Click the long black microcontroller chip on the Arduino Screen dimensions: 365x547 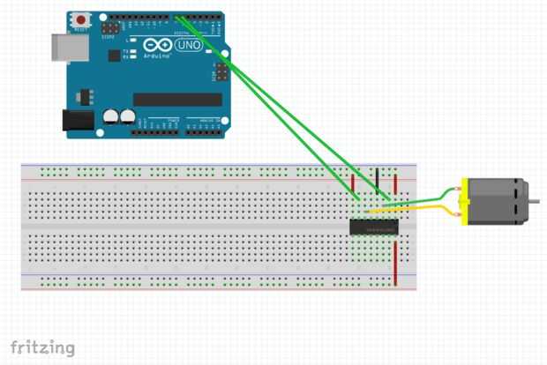coord(176,99)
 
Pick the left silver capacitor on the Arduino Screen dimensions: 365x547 coord(111,115)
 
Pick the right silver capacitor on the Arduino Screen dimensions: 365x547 coord(128,115)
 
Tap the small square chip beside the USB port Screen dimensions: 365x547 coord(114,55)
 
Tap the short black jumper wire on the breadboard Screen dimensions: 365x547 coord(378,181)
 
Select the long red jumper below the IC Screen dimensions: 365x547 coord(395,263)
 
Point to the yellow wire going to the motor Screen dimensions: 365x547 coord(415,208)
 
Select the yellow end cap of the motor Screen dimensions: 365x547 coord(463,201)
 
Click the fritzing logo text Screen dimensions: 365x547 coord(42,347)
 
